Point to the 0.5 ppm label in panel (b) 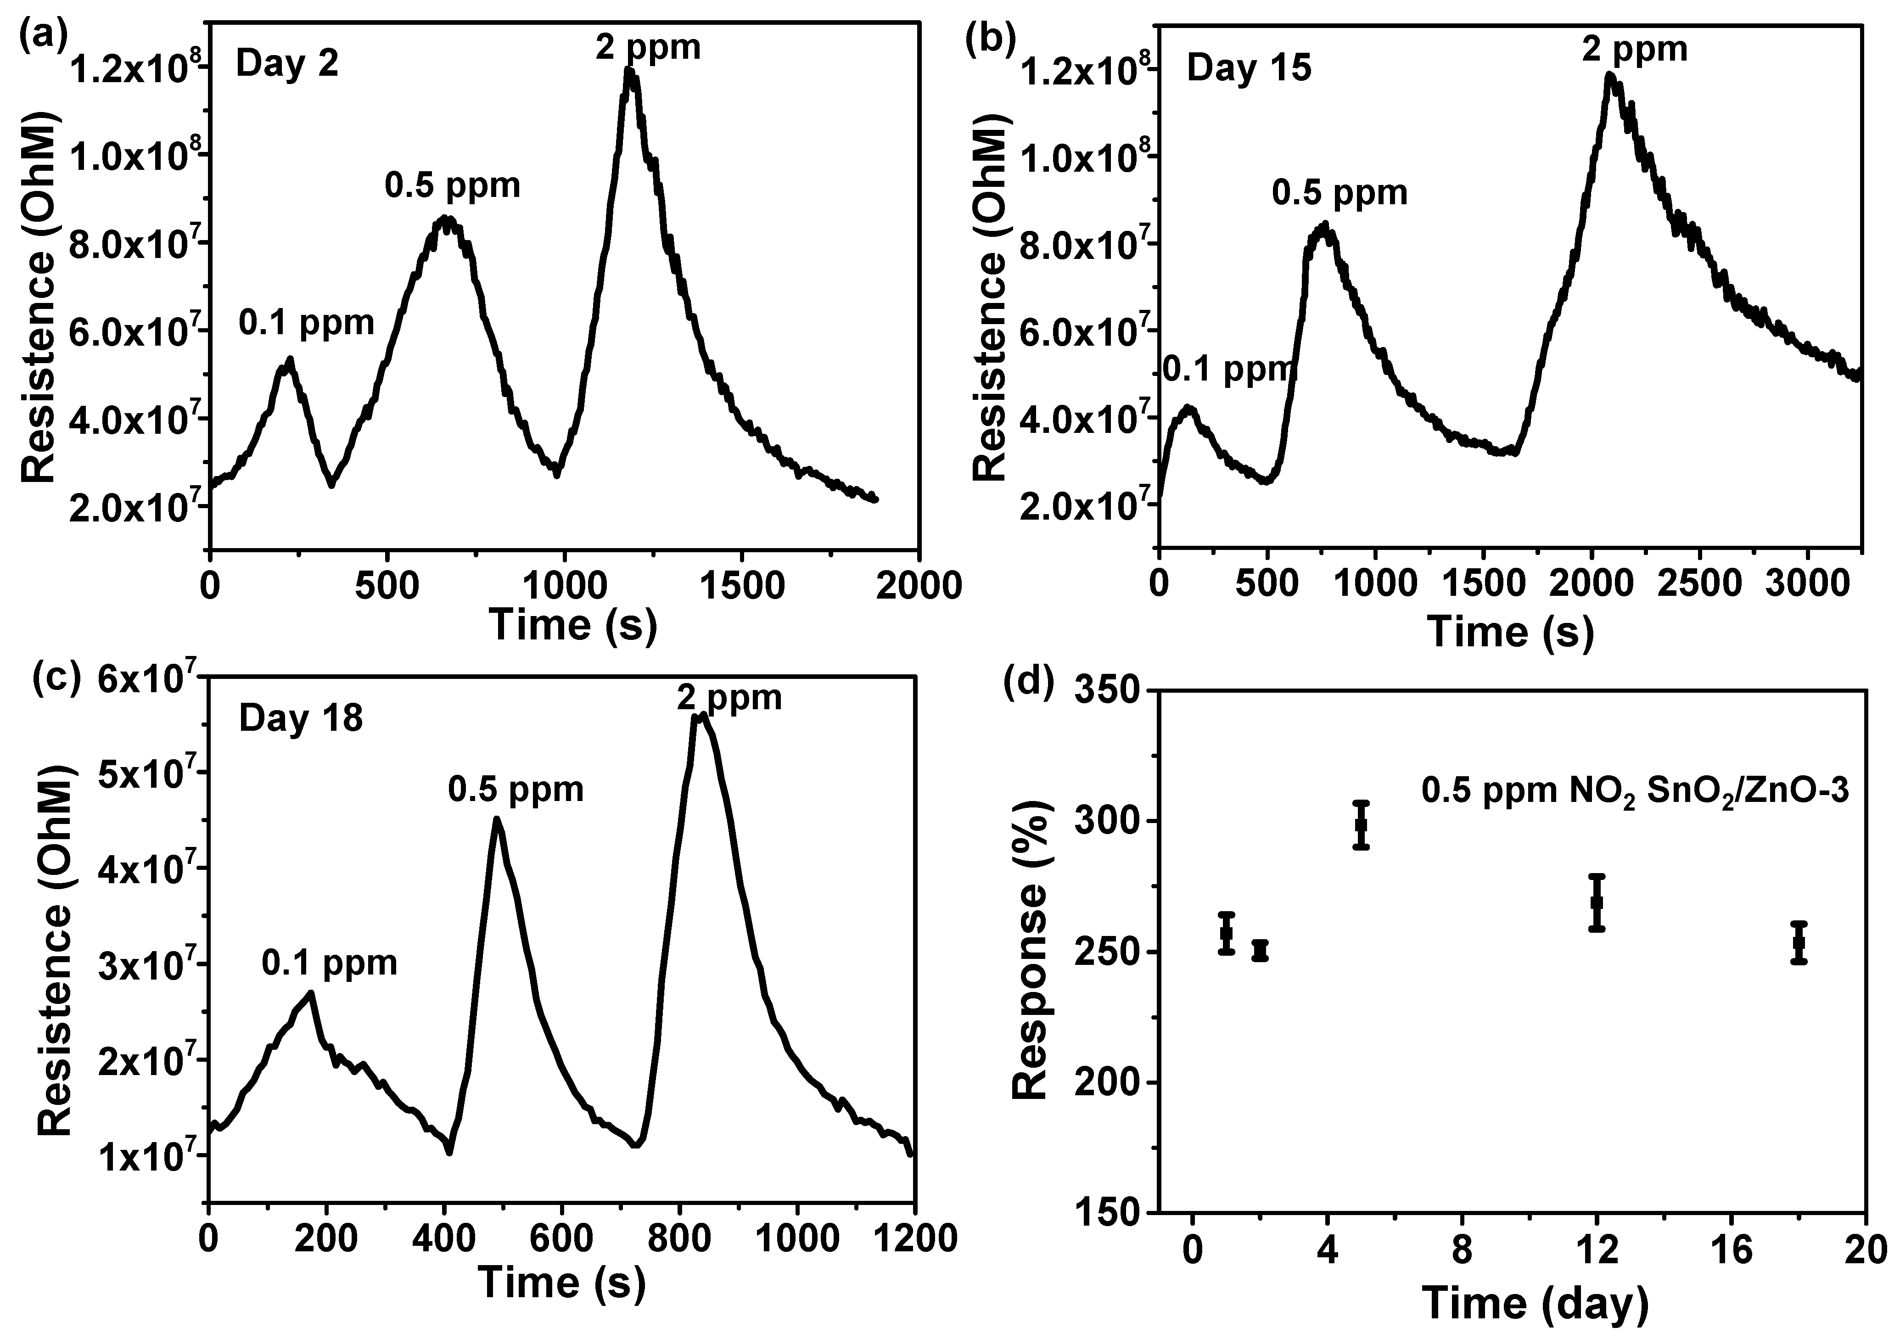pos(1339,193)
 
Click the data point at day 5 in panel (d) pos(1361,824)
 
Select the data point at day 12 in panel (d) pos(1597,902)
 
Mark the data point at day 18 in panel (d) pos(1799,942)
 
